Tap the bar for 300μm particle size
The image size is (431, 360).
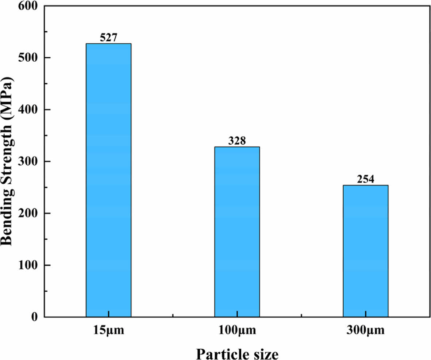365,251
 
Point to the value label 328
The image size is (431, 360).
237,141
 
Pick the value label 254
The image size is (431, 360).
365,179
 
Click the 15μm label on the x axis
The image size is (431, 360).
108,331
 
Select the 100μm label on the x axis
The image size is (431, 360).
237,331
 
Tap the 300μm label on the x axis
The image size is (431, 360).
365,331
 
